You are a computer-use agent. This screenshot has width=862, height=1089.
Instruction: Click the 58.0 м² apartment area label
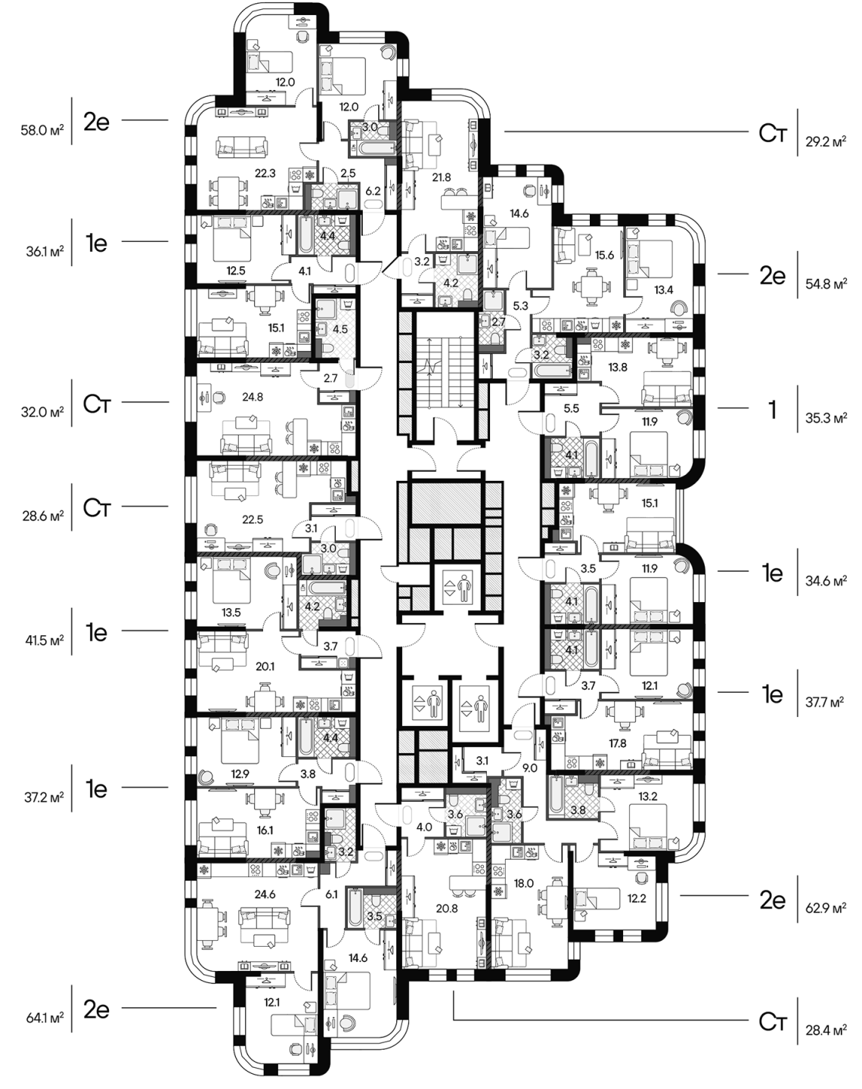pyautogui.click(x=42, y=130)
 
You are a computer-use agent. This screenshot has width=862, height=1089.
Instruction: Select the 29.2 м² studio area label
pyautogui.click(x=826, y=142)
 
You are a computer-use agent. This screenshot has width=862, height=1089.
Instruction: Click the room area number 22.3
pyautogui.click(x=265, y=173)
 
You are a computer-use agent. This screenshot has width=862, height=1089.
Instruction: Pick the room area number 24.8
pyautogui.click(x=252, y=397)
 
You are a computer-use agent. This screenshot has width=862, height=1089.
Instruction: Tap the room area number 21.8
pyautogui.click(x=442, y=177)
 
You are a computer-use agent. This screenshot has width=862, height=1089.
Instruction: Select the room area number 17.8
pyautogui.click(x=618, y=743)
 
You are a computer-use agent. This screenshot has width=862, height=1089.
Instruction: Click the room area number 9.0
pyautogui.click(x=530, y=768)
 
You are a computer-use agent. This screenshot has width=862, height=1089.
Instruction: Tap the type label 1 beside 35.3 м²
pyautogui.click(x=773, y=411)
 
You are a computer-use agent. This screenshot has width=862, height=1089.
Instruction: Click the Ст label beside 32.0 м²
pyautogui.click(x=97, y=405)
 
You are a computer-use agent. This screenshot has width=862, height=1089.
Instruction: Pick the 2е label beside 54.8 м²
pyautogui.click(x=773, y=276)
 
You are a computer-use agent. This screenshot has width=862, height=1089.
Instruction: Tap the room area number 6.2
pyautogui.click(x=373, y=191)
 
